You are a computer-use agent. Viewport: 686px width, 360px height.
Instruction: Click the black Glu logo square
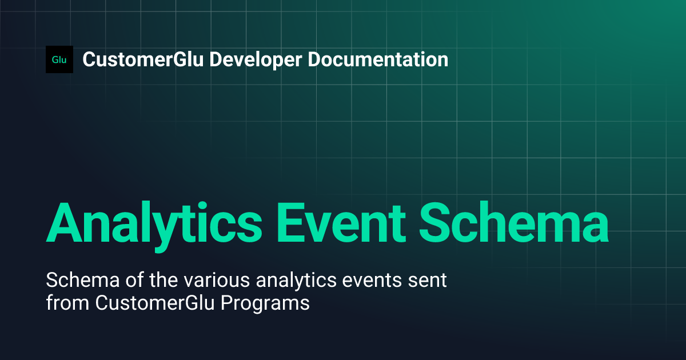pyautogui.click(x=59, y=59)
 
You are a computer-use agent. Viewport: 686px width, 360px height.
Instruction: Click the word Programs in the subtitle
pyautogui.click(x=268, y=302)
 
